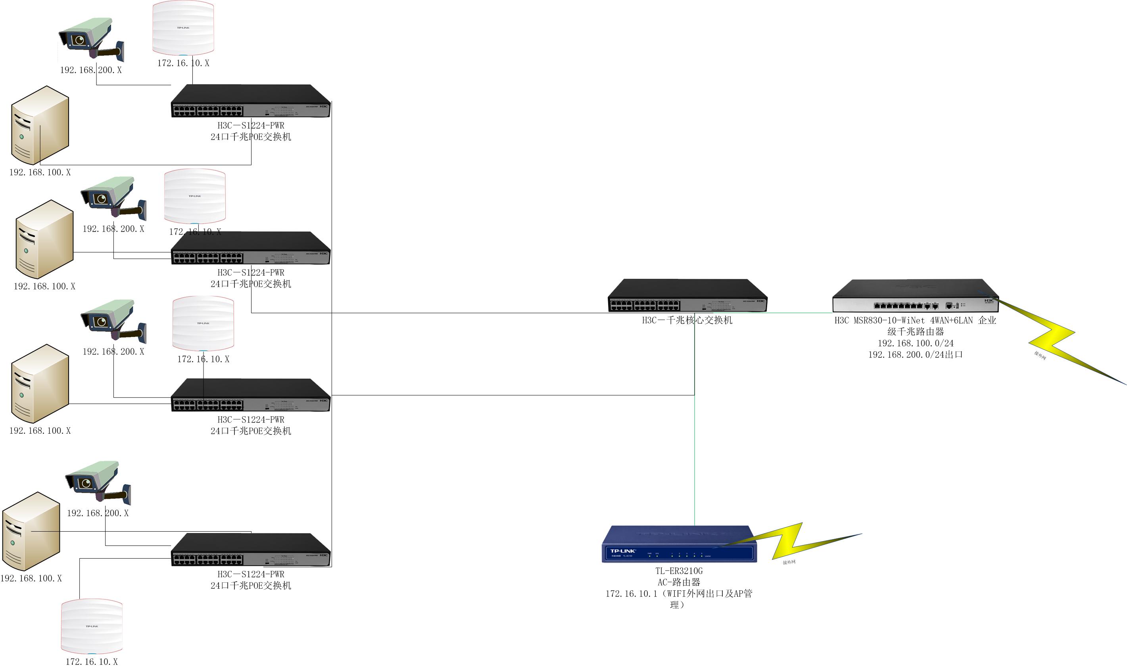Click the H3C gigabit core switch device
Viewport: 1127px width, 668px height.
point(687,295)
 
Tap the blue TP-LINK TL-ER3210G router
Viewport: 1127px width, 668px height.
point(678,544)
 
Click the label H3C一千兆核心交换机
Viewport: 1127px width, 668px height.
point(687,320)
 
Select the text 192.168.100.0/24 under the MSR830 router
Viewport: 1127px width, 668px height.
point(915,343)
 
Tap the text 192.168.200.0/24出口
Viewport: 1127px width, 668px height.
point(915,355)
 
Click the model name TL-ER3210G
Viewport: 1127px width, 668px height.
point(679,571)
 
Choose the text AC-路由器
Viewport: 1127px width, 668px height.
point(679,582)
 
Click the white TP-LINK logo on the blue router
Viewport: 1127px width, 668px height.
point(622,551)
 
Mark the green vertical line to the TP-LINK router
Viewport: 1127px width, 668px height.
point(695,459)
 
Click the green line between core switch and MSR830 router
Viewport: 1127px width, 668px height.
point(799,313)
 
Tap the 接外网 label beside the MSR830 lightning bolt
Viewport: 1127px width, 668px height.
point(1040,355)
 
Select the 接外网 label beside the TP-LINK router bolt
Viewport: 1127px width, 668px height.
point(789,562)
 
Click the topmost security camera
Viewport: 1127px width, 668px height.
point(90,40)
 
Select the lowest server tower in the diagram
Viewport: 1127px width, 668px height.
point(31,531)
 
